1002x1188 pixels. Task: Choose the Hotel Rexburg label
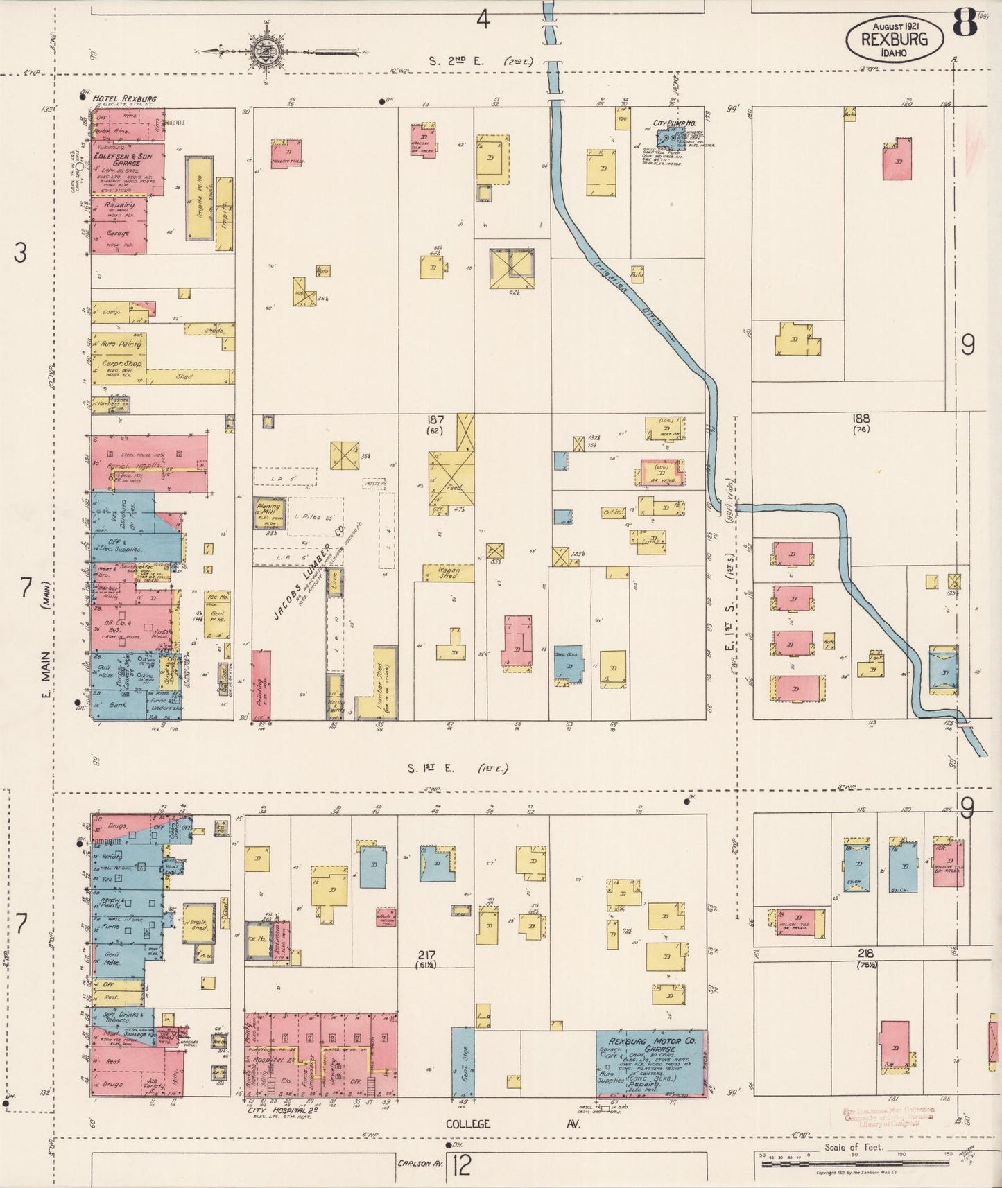[x=124, y=99]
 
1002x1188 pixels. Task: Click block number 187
[x=436, y=419]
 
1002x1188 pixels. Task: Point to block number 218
[x=865, y=954]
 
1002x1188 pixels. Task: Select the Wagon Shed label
[x=449, y=573]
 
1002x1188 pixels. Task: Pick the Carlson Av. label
[x=420, y=1162]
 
